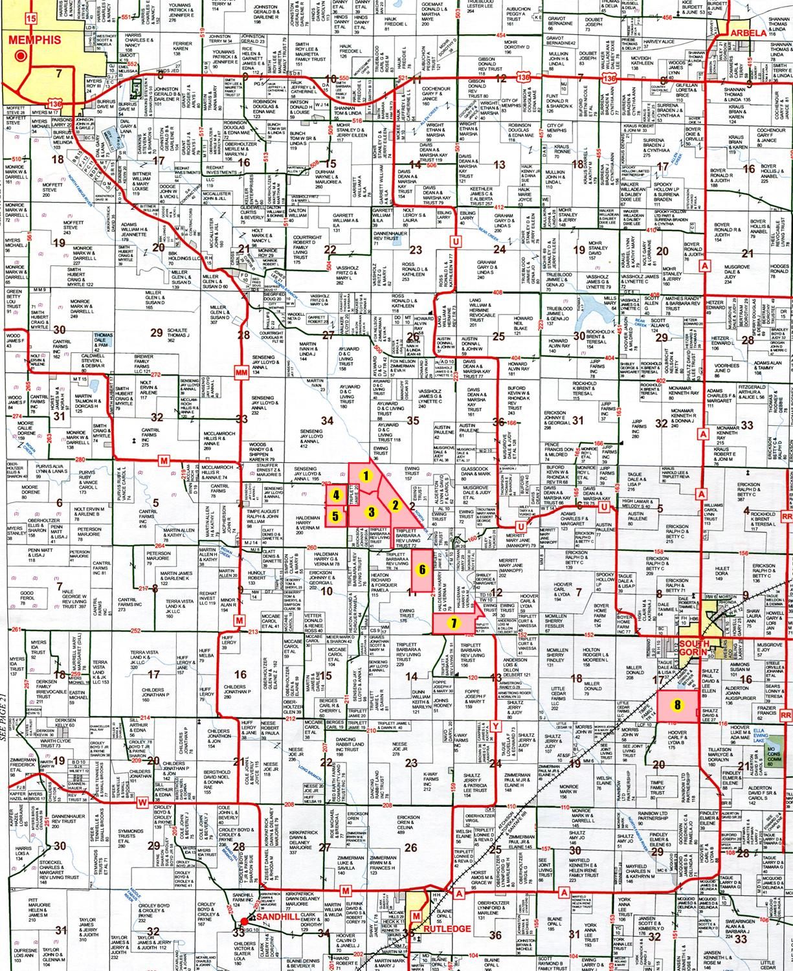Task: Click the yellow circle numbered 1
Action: pyautogui.click(x=366, y=475)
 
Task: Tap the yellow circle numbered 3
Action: pyautogui.click(x=371, y=512)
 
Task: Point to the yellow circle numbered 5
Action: pyautogui.click(x=335, y=517)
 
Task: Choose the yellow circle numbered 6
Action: pyautogui.click(x=422, y=570)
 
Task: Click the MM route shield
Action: pyautogui.click(x=242, y=373)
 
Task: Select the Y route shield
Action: pyautogui.click(x=495, y=724)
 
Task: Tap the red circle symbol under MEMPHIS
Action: pyautogui.click(x=21, y=56)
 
